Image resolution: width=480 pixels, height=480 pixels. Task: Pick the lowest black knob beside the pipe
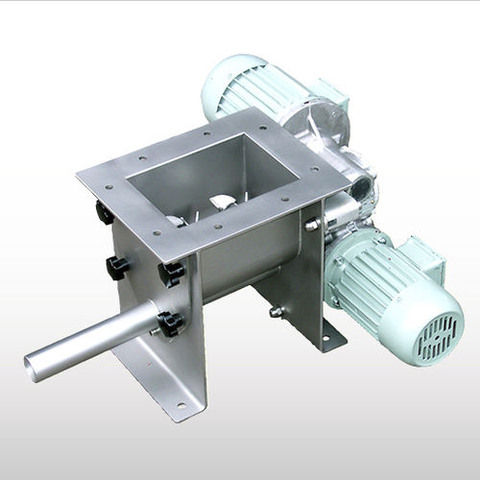point(171,324)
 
